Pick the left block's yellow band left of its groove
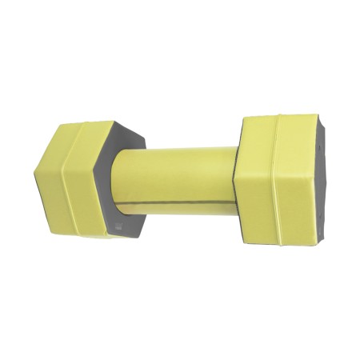click(x=52, y=184)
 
